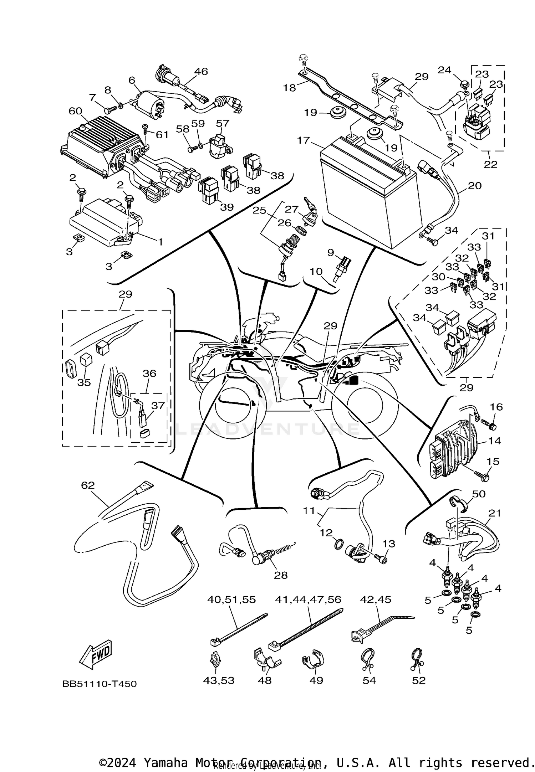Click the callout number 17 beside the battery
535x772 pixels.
[304, 140]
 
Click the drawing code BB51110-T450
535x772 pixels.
[100, 684]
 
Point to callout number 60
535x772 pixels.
[75, 111]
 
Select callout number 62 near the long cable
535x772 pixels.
[88, 485]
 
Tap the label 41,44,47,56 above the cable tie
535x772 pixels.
[308, 599]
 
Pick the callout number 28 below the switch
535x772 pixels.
[281, 575]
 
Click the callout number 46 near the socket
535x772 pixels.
[201, 71]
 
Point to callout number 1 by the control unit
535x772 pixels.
[160, 242]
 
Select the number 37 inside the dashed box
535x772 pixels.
[158, 406]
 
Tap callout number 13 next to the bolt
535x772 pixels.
[389, 544]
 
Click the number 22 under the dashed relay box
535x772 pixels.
[490, 164]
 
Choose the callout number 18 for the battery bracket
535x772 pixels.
[290, 87]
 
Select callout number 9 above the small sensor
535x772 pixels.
[331, 252]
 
